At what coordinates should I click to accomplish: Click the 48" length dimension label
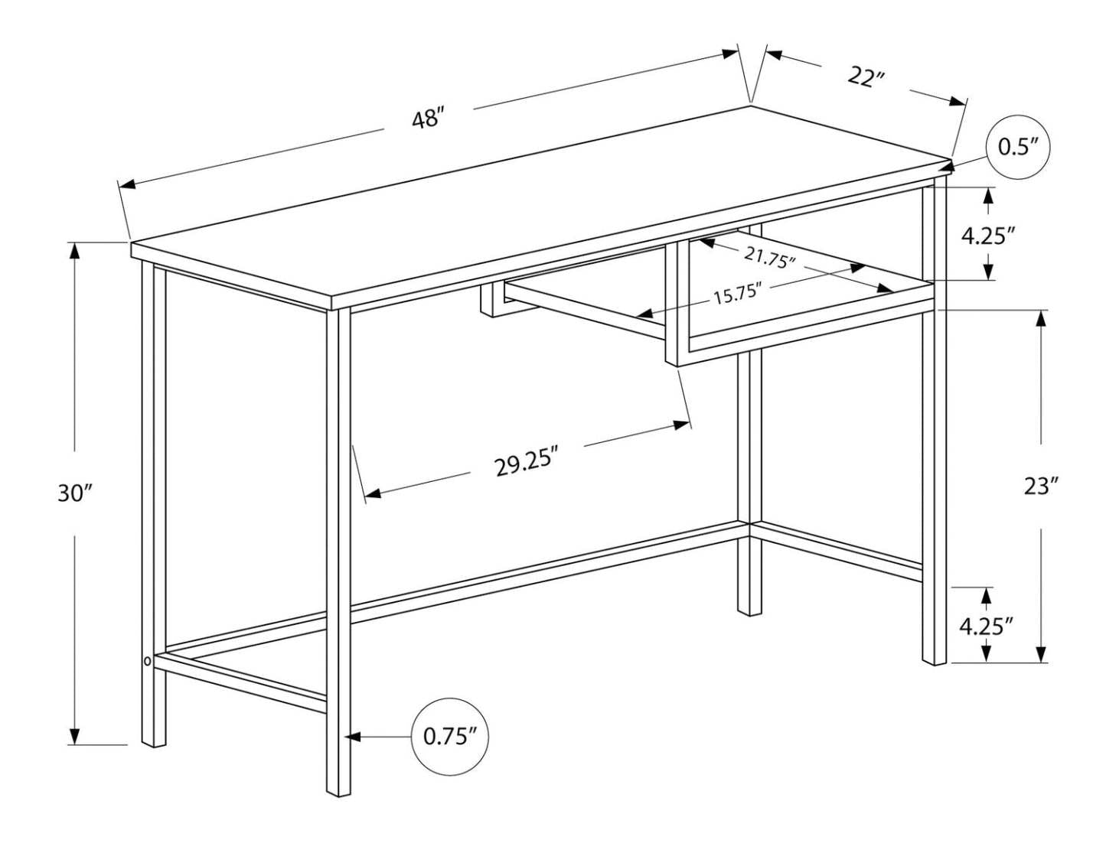click(428, 119)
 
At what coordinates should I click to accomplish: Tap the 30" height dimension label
click(74, 493)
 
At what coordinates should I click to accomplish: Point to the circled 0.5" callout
click(1017, 147)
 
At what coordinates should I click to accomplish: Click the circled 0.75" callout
click(450, 737)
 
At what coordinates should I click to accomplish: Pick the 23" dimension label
click(1041, 486)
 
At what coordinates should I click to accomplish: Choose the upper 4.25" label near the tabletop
click(988, 236)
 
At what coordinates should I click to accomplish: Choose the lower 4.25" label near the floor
click(987, 627)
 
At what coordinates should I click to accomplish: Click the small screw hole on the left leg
click(147, 659)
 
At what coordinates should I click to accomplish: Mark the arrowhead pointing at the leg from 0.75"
click(353, 737)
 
